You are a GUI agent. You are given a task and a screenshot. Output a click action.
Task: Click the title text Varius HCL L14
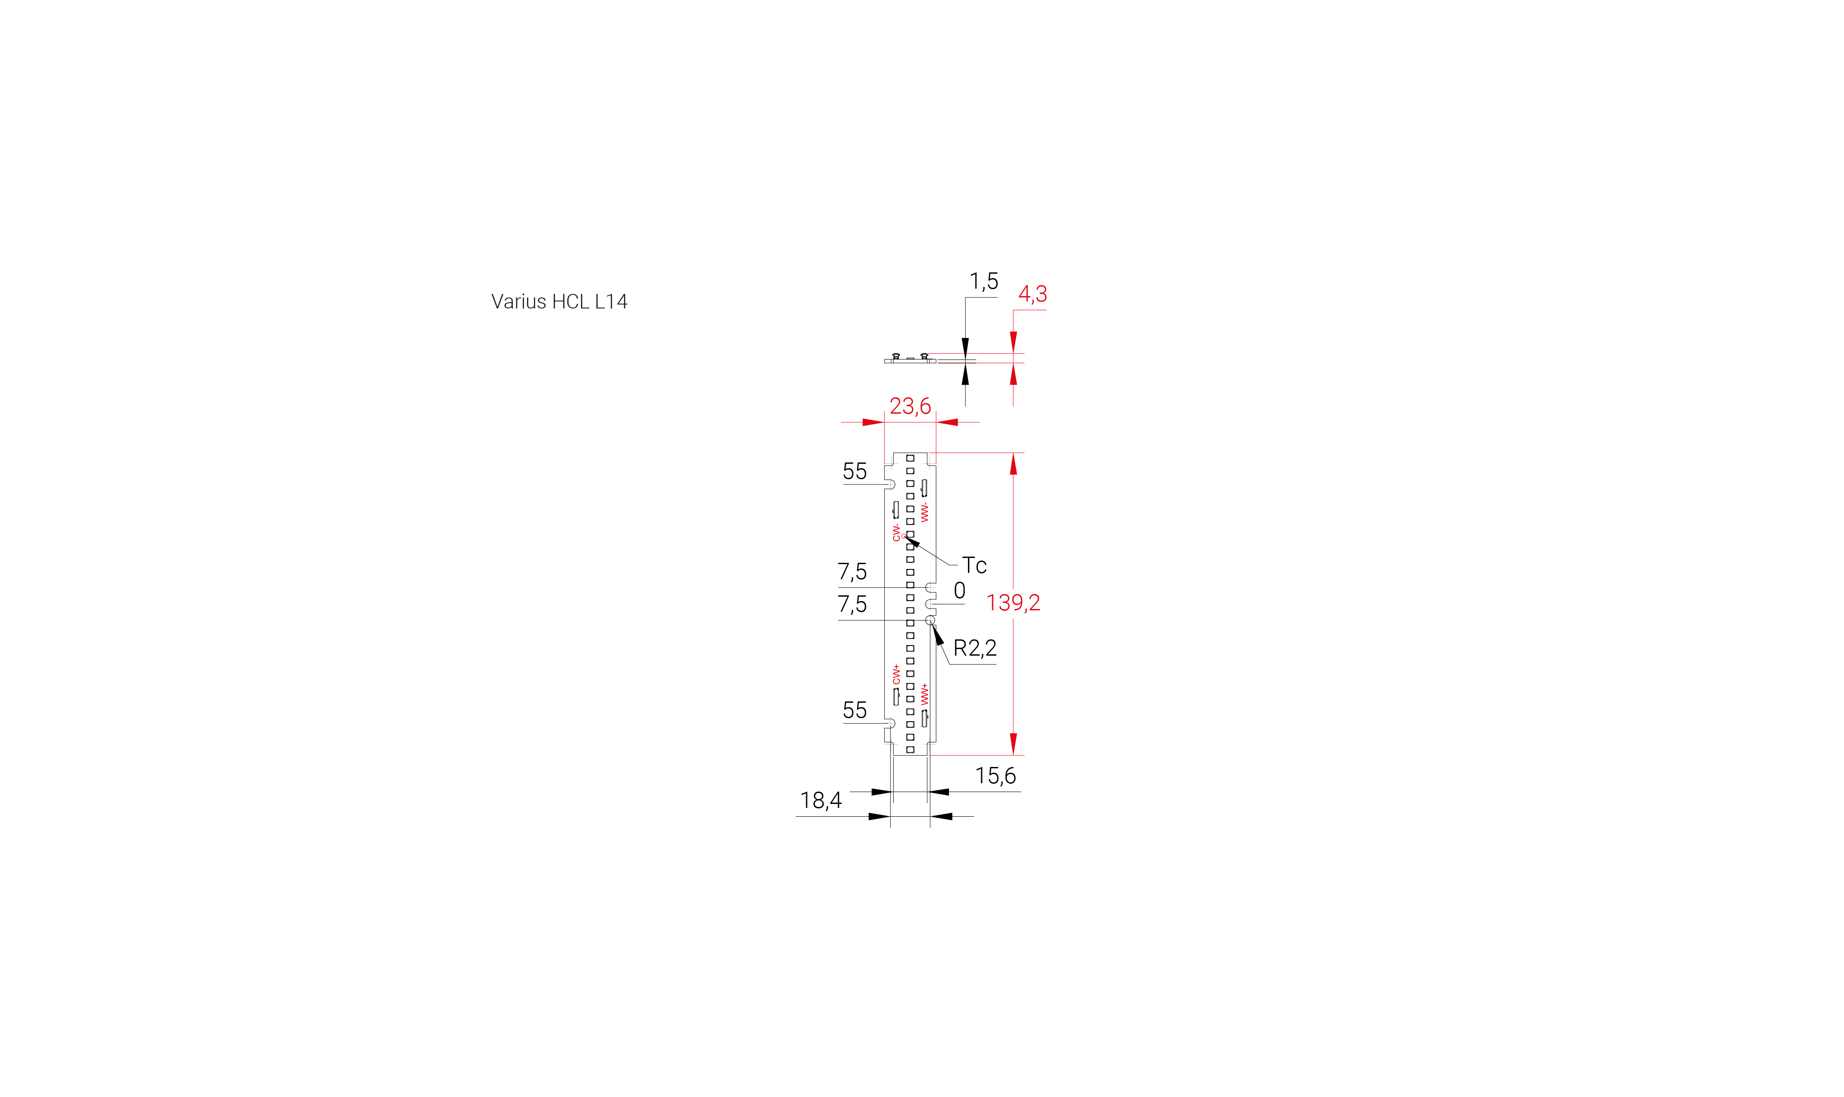[x=559, y=301]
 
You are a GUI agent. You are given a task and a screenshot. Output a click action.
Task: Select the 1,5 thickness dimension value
[x=983, y=282]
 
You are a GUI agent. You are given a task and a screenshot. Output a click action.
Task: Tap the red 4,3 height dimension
[x=1032, y=294]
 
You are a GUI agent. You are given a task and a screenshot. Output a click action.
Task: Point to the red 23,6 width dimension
[x=910, y=406]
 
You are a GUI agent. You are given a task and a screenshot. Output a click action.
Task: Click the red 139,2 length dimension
[x=1013, y=602]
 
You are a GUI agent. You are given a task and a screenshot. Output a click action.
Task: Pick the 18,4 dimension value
[x=821, y=800]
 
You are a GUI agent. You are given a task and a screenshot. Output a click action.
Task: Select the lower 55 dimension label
[x=855, y=710]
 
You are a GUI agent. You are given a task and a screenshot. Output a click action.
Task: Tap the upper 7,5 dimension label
[x=852, y=572]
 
